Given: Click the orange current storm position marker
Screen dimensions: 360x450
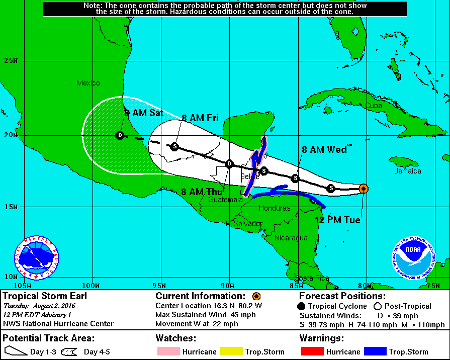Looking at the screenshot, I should (364, 189).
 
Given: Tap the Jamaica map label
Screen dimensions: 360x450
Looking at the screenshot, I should (408, 171).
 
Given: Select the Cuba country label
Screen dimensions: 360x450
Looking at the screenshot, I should (374, 106).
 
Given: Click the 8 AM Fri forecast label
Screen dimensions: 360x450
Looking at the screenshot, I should (200, 118).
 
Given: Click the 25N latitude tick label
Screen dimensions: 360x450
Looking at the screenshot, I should (11, 61).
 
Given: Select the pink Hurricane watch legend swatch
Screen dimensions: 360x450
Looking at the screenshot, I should (168, 352).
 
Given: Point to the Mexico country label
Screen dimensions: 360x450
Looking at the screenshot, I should (88, 83).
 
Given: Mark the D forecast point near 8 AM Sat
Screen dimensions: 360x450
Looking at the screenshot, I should (120, 135).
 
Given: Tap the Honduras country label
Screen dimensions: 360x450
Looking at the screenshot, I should (274, 208).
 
